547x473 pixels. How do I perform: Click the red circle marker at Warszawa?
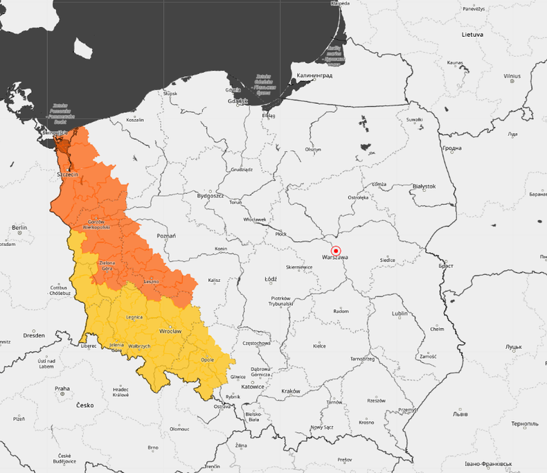coord(336,251)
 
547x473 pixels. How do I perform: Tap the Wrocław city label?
coord(170,332)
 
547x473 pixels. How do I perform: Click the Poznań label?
coord(166,235)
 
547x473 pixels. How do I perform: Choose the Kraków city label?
coord(291,391)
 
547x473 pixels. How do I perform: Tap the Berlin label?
coord(19,227)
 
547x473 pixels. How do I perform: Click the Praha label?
coord(62,389)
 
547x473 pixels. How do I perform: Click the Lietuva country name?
coord(473,34)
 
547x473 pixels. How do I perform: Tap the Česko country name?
coord(84,405)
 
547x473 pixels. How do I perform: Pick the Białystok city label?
coord(424,186)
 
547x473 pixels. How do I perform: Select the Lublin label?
coord(400,313)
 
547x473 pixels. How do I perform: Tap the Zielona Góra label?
coord(107,265)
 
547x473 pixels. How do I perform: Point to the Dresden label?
coord(33,335)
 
